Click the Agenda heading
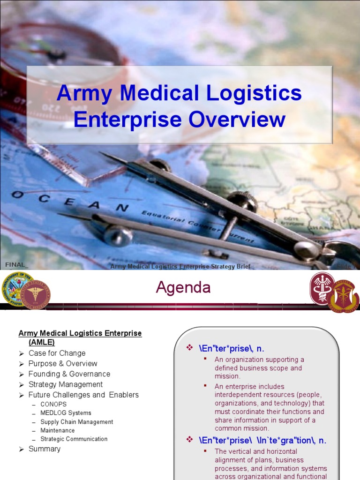(183, 288)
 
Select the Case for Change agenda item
(57, 353)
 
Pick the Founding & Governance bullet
(69, 374)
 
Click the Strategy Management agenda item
(65, 384)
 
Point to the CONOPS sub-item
(53, 404)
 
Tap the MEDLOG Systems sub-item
(66, 413)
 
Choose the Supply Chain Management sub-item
(76, 422)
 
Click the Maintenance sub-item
(57, 430)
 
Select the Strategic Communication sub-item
(74, 439)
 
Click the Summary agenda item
(45, 449)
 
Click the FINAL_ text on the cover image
(14, 265)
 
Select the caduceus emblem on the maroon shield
(322, 287)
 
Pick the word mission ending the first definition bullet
(227, 376)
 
